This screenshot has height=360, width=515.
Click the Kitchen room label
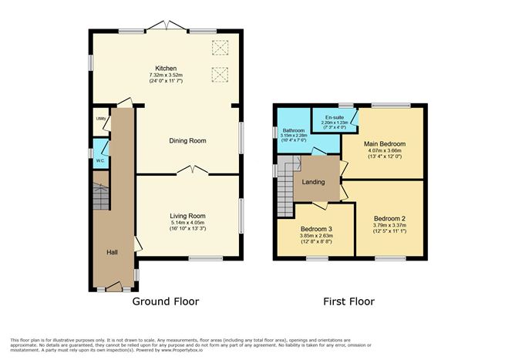pyautogui.click(x=166, y=68)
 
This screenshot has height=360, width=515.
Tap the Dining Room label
pyautogui.click(x=188, y=141)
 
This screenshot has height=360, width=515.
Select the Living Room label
pyautogui.click(x=187, y=216)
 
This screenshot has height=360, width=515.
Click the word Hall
pyautogui.click(x=113, y=251)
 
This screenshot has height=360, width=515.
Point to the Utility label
pyautogui.click(x=100, y=119)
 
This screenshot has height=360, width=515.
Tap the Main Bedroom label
pyautogui.click(x=383, y=143)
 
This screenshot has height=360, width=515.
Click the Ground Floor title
pyautogui.click(x=166, y=301)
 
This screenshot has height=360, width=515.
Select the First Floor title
pyautogui.click(x=348, y=301)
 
